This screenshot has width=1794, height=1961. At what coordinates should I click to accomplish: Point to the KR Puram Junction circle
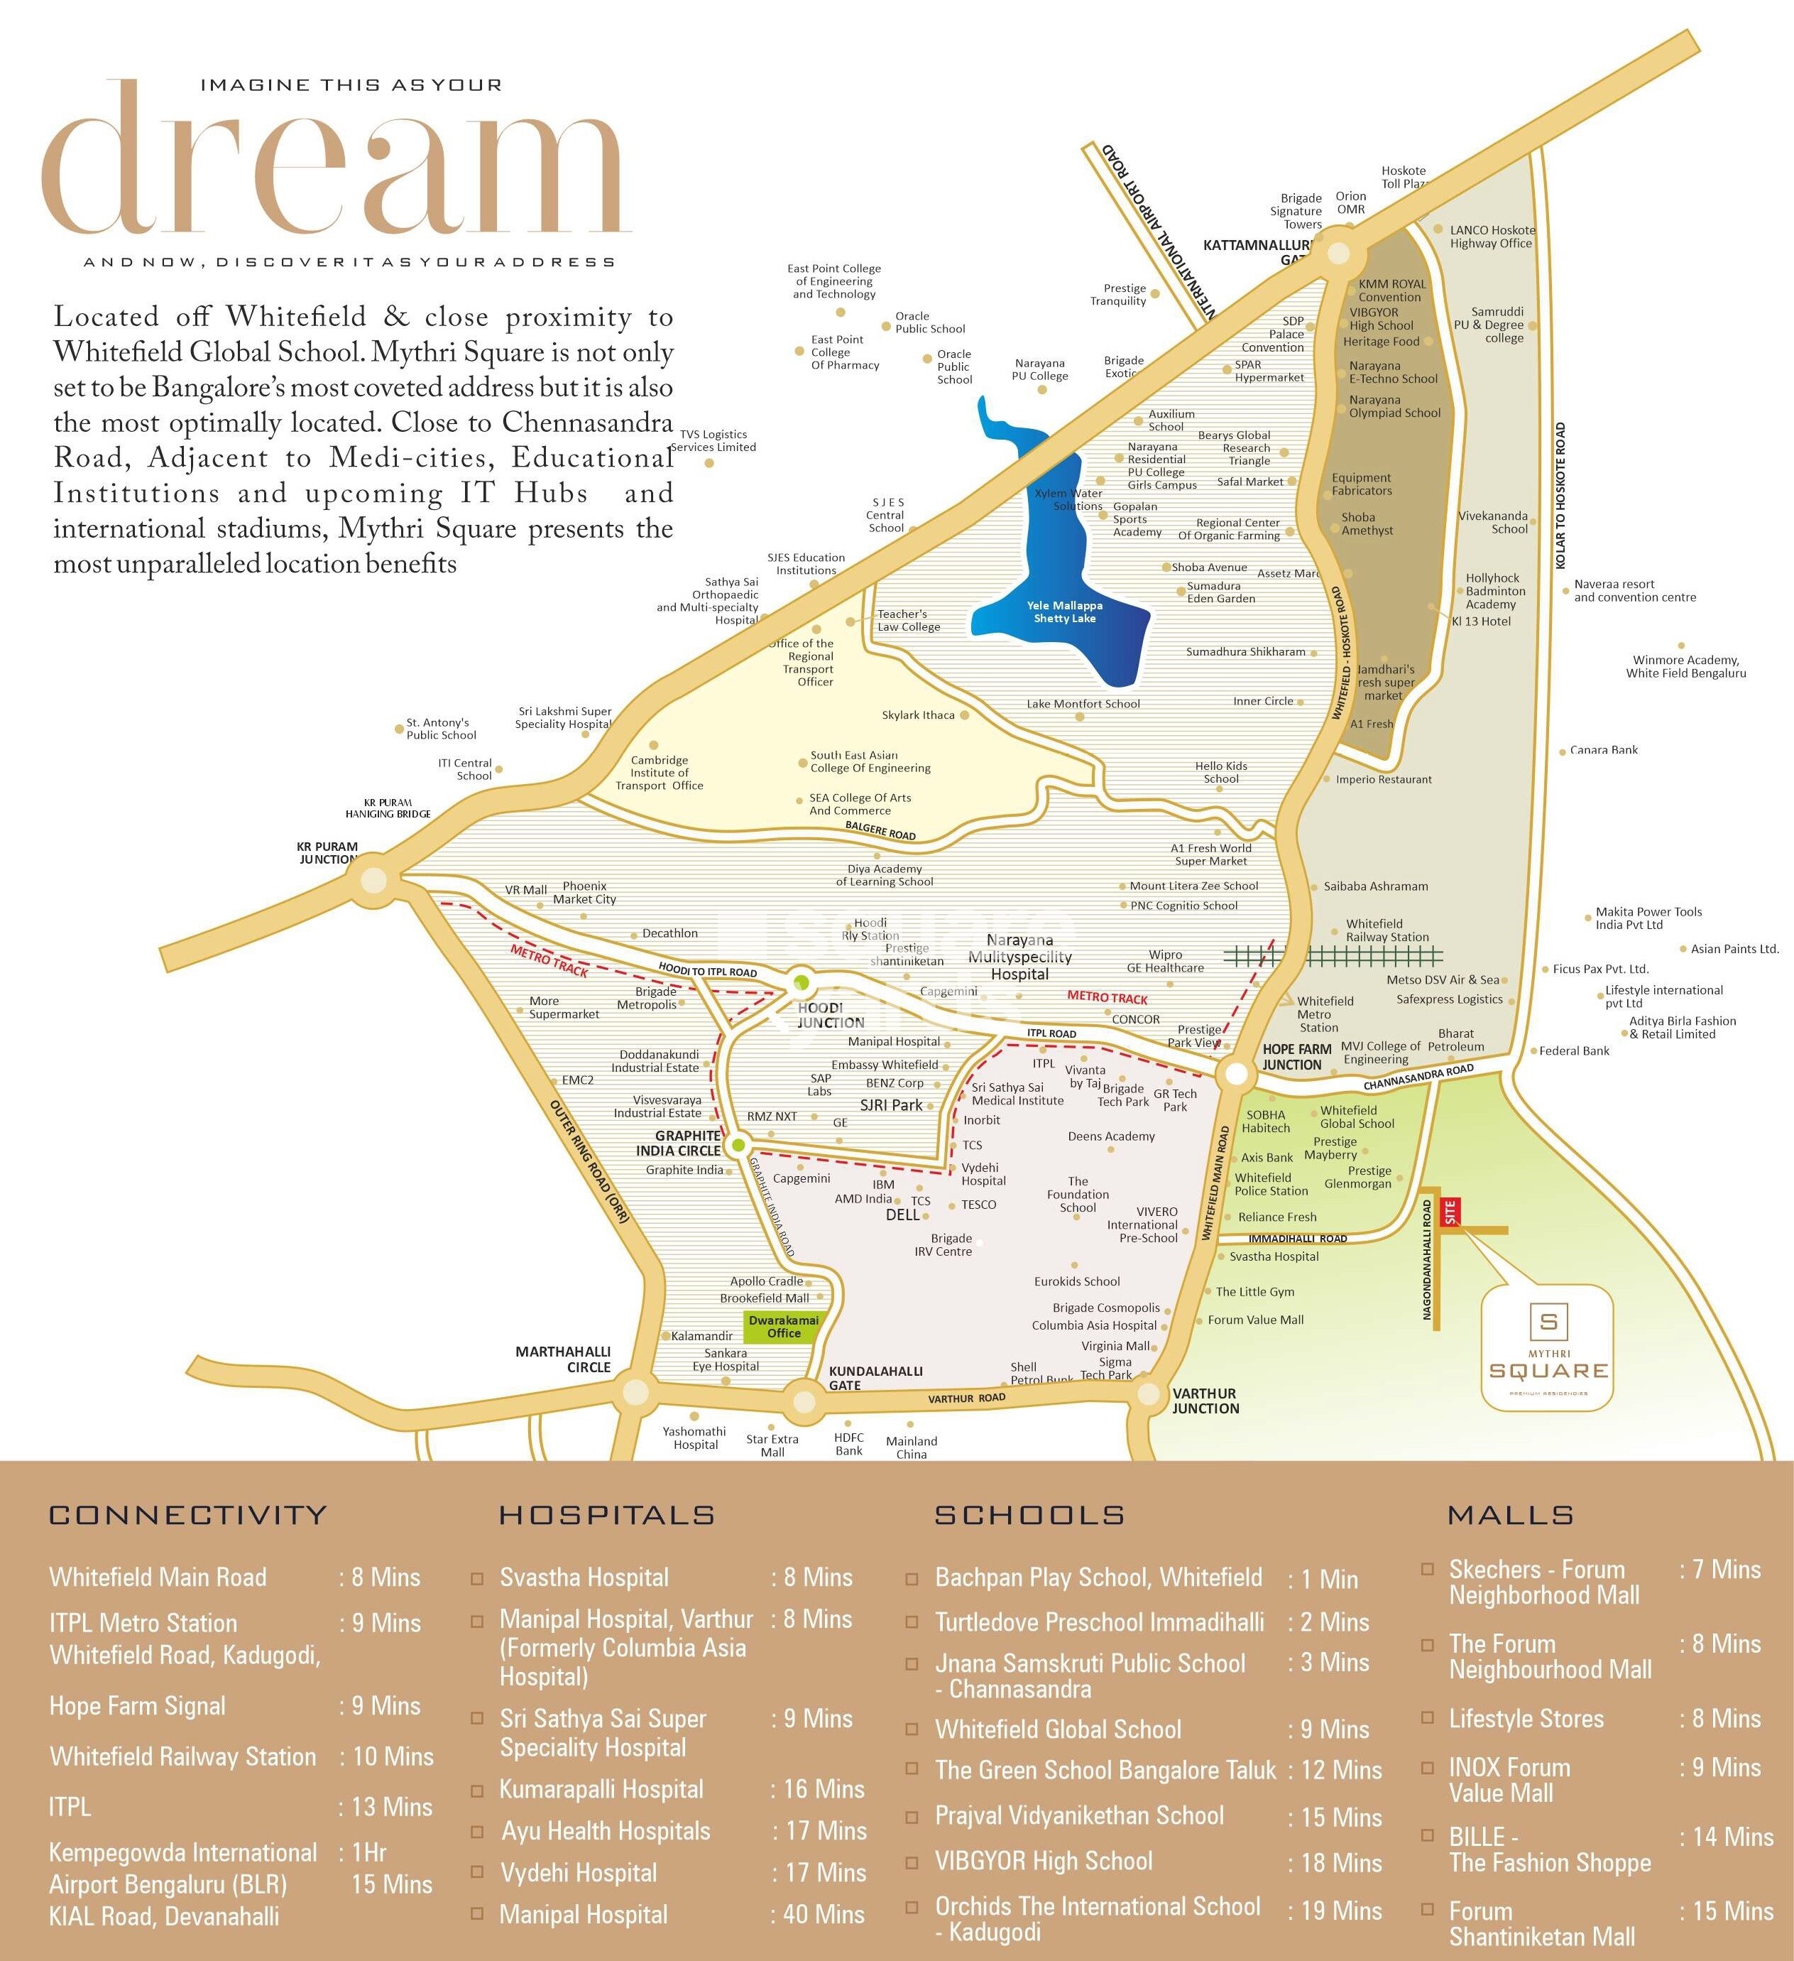[373, 881]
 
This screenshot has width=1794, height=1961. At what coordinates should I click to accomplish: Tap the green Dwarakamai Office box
[784, 1327]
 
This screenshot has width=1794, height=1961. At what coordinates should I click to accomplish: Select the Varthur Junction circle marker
[1149, 1394]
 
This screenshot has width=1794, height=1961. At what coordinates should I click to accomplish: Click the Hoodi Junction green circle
[800, 982]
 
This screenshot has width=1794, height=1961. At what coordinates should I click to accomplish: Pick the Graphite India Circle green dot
[738, 1144]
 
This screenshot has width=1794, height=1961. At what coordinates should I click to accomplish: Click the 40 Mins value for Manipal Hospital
[824, 1914]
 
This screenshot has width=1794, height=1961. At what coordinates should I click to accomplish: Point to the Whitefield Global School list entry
[1058, 1729]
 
